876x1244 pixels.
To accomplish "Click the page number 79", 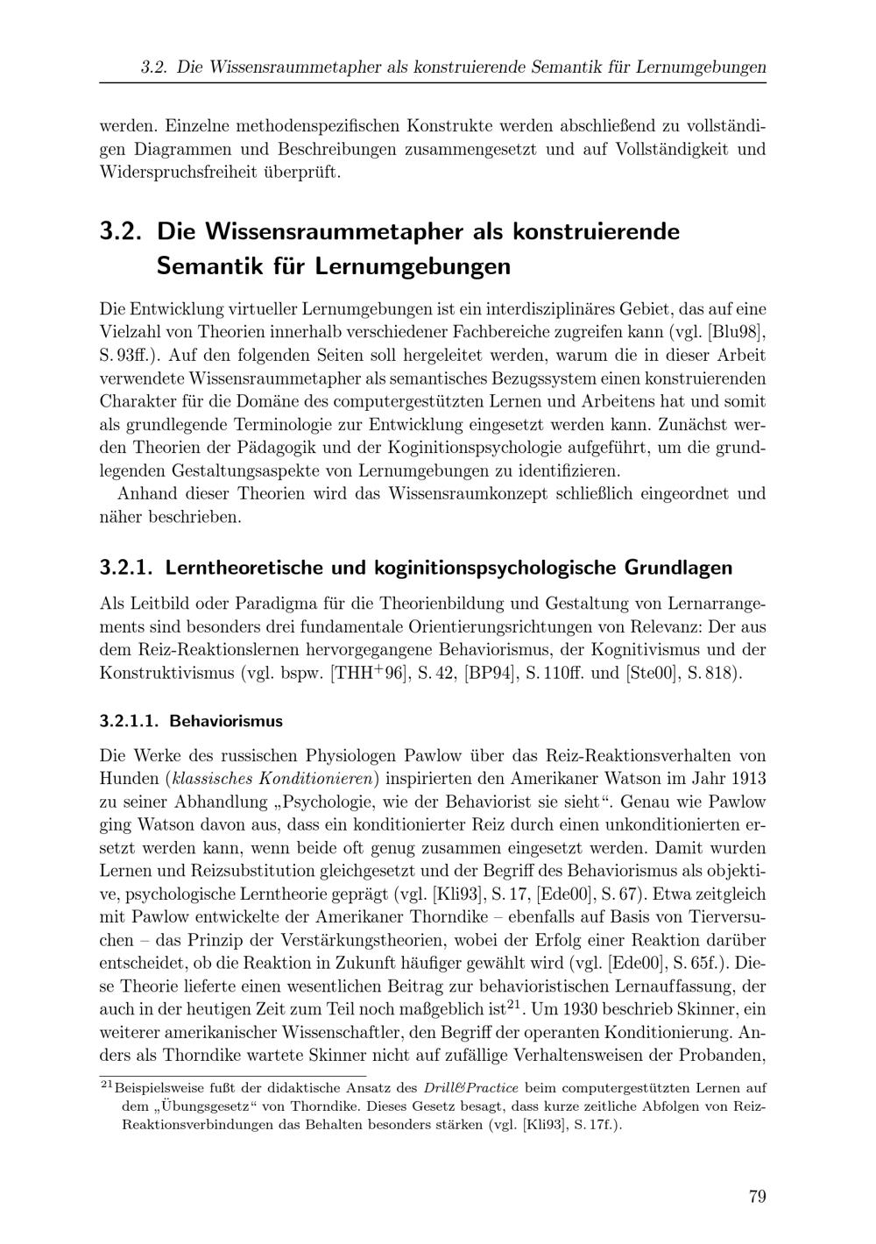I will tap(758, 1197).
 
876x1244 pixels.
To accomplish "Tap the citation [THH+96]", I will tap(369, 674).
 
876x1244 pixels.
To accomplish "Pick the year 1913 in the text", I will tap(748, 778).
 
